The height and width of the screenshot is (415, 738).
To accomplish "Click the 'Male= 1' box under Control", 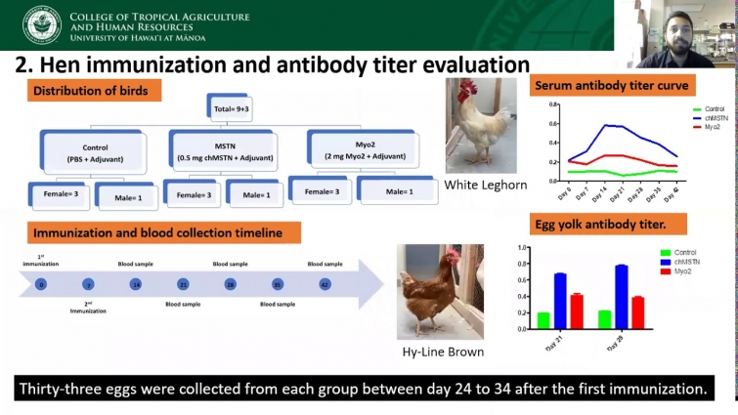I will tap(124, 194).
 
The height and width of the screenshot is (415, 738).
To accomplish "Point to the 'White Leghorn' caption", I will tap(486, 184).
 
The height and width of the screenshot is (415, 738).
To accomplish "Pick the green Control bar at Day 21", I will tap(543, 320).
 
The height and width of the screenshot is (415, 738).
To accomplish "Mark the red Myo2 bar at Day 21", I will tap(577, 311).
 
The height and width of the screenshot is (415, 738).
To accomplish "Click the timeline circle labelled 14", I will tap(136, 284).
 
